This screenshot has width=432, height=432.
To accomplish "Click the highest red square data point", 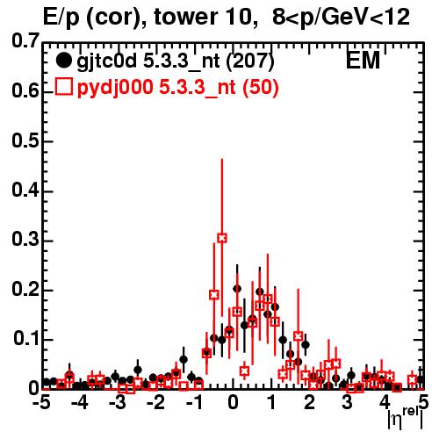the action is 222,238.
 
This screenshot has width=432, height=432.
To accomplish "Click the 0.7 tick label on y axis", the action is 25,40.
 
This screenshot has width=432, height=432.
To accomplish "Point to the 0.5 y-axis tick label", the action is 25,140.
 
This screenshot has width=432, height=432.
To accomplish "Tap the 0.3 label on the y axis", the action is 25,240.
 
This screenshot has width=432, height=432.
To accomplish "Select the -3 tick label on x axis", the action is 119,403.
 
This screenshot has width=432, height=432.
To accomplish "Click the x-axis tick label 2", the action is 310,403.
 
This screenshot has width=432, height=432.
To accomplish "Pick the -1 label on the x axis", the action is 194,403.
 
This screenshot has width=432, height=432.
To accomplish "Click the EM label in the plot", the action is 363,61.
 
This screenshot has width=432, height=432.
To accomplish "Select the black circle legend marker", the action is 63,61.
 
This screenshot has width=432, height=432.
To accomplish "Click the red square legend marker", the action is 63,87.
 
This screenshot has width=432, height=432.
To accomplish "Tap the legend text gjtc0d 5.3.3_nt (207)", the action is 176,61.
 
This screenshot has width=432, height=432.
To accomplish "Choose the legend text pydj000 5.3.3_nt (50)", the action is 177,88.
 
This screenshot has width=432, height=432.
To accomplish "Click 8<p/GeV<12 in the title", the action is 341,18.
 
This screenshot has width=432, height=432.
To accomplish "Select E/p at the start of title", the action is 61,18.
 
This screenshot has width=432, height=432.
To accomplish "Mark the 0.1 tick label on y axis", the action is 26,339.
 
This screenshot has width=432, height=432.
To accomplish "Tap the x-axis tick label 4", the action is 385,403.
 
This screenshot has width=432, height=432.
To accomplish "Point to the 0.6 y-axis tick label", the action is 25,90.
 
